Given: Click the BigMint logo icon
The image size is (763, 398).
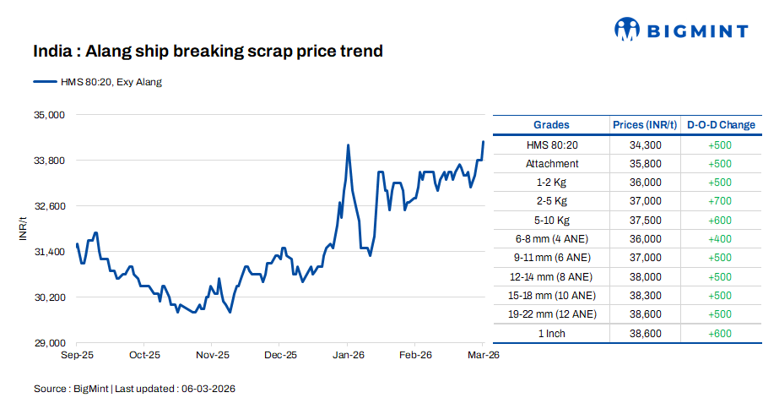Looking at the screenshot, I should pos(627,30).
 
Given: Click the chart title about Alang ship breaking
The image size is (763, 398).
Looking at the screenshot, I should pos(208,52).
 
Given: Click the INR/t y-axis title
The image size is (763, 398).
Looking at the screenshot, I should pos(23,229).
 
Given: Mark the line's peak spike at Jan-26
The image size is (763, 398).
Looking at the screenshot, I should pos(348,145).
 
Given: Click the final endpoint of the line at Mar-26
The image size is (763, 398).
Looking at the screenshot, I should pos(484,142).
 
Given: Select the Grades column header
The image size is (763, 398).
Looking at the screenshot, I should pos(551,125).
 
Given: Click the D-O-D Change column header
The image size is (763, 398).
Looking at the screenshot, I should pos(721,125).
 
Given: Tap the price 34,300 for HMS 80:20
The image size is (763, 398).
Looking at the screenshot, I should pos(645,145).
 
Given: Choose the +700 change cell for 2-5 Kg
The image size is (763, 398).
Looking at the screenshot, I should pos(720,201).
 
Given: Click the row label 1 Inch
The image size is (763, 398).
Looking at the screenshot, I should pos(552,333).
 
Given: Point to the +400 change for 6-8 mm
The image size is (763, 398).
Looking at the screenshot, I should pos(720,238).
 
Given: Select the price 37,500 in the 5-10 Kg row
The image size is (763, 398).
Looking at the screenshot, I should pos(645,220).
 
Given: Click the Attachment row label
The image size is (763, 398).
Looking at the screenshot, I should pos(552,164).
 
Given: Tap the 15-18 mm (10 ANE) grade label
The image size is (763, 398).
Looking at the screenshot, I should pos(552,296).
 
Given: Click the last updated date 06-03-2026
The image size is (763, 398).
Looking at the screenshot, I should pos(207,389).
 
